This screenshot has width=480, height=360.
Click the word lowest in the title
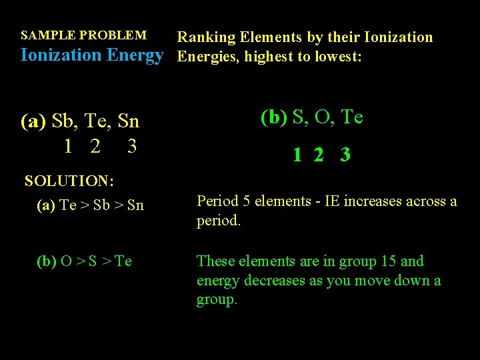[337, 57]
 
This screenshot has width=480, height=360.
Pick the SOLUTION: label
[69, 181]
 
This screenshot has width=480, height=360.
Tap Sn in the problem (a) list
[127, 121]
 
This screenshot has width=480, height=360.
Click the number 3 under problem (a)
[131, 145]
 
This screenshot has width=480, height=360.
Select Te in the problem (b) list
[351, 117]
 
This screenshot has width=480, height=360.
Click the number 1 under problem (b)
[297, 155]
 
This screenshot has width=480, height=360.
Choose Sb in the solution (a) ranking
[102, 205]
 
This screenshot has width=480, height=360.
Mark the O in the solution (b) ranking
[66, 261]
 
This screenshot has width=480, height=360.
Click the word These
[215, 261]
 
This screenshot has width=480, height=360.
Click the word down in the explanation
[405, 280]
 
